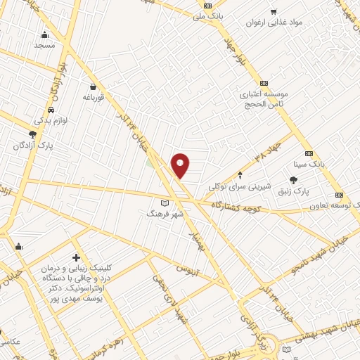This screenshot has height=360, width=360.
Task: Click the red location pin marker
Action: (181, 165)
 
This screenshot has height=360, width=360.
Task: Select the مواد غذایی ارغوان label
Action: (274, 22)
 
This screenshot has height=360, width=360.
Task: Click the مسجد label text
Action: (44, 45)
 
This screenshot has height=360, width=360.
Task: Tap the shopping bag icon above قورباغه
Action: (92, 87)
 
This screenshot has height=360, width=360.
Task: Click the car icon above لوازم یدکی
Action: (51, 110)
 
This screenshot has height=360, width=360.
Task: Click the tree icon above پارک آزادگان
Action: (32, 134)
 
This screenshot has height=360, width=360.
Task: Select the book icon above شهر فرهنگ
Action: (165, 202)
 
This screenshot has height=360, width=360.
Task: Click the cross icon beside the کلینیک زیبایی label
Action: (76, 258)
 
